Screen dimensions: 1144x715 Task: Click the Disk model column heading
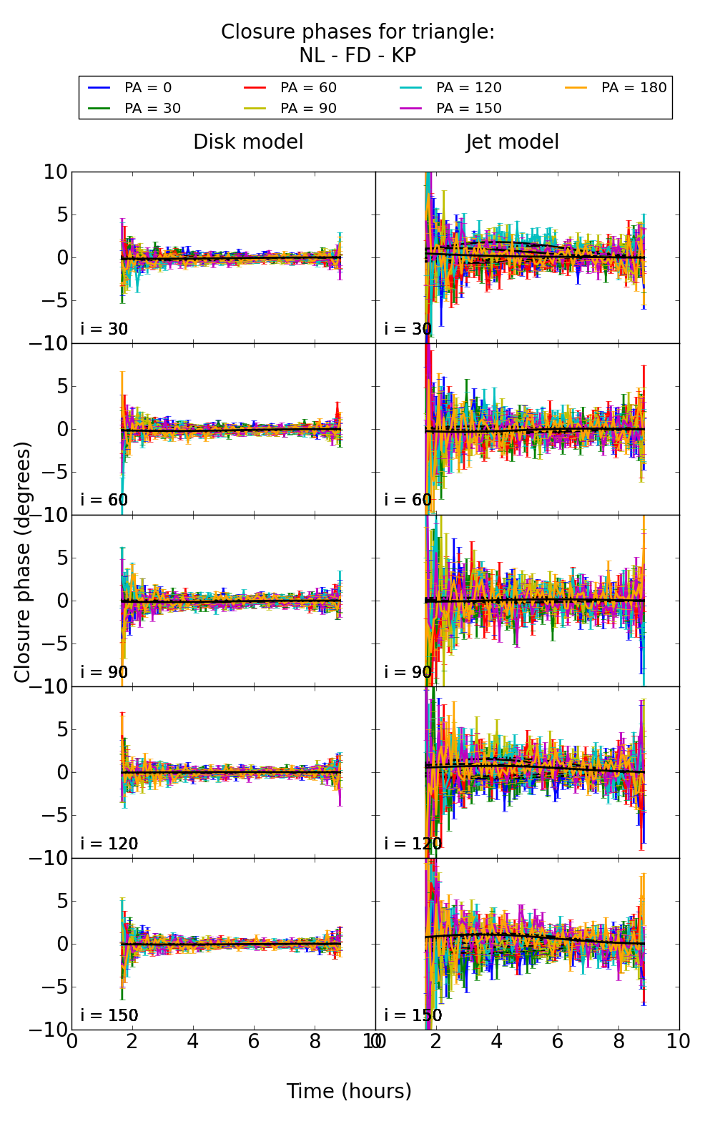coord(248,142)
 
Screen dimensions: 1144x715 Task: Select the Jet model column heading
coord(512,142)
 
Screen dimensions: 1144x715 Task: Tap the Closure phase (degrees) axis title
coord(23,562)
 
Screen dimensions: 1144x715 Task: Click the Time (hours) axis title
coord(349,1092)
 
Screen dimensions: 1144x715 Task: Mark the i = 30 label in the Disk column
coord(104,329)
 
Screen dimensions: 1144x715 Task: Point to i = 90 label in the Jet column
coord(408,672)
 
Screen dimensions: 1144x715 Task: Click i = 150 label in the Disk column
coord(109,1015)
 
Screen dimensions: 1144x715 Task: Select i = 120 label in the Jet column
coord(413,844)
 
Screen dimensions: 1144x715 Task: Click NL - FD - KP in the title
coord(357,56)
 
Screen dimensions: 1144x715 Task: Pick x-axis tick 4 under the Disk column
coord(193,1042)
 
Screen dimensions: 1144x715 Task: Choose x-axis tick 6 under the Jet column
coord(558,1042)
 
